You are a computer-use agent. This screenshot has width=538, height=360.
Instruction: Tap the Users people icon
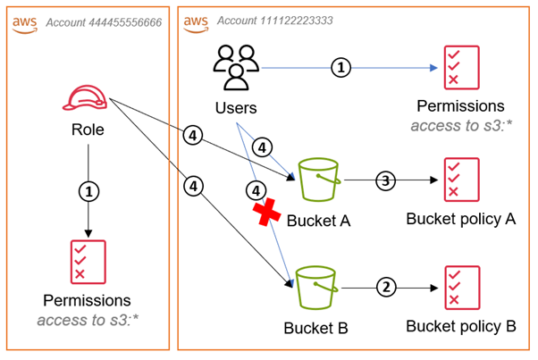pyautogui.click(x=236, y=69)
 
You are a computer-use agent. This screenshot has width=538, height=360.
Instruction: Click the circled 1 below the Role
pyautogui.click(x=88, y=190)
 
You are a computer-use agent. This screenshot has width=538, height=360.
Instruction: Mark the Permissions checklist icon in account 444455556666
pyautogui.click(x=88, y=261)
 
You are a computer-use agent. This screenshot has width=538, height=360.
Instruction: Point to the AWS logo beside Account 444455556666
pyautogui.click(x=25, y=22)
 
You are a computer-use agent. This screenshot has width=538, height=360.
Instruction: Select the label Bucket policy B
pyautogui.click(x=460, y=326)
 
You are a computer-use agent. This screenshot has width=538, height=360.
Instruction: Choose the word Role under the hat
pyautogui.click(x=88, y=130)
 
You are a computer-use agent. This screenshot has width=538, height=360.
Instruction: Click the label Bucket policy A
pyautogui.click(x=460, y=218)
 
